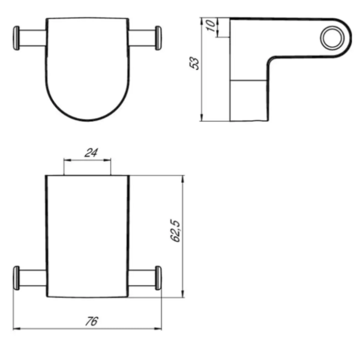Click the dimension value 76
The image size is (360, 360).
[92, 321]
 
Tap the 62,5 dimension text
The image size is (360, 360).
[176, 231]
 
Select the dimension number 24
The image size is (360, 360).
[91, 152]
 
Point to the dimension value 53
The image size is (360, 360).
[194, 63]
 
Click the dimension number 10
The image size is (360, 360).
[211, 25]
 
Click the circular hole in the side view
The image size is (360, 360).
[332, 37]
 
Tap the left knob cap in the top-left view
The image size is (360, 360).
[16, 38]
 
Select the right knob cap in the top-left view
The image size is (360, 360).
[158, 38]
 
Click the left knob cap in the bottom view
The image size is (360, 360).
[16, 278]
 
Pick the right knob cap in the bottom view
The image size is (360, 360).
[158, 278]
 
